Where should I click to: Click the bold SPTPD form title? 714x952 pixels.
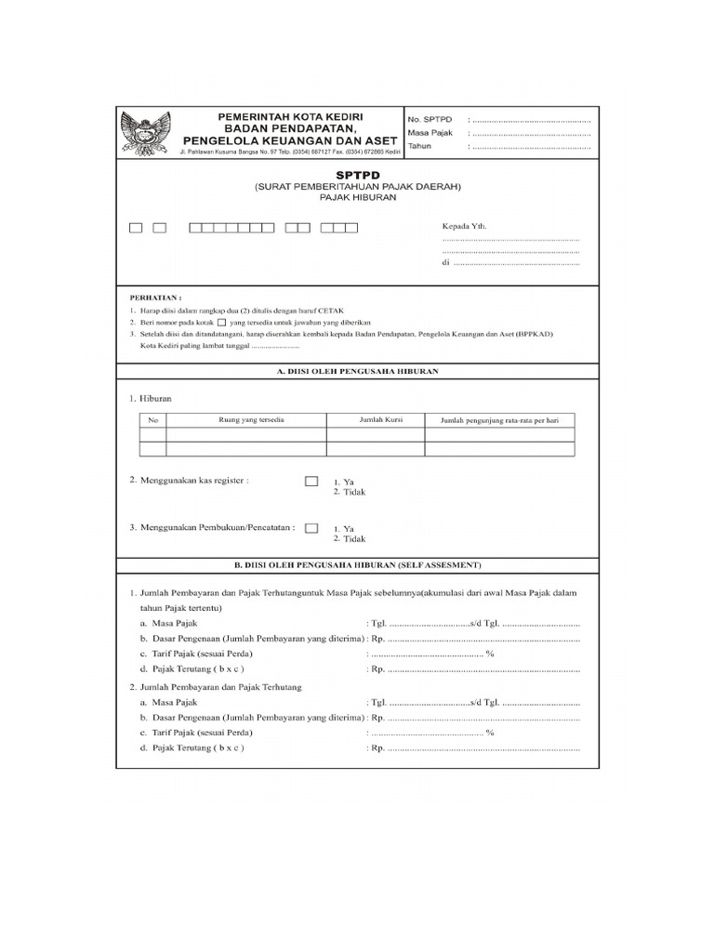(357, 174)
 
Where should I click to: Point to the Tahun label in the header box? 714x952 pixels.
(421, 146)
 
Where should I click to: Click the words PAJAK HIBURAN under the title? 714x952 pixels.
(358, 198)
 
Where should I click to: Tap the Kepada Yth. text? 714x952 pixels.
(463, 226)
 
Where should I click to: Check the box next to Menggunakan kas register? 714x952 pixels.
(311, 481)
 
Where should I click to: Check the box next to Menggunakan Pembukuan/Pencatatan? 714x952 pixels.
(311, 527)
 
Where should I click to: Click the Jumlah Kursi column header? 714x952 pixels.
(376, 420)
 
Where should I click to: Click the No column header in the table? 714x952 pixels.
(153, 420)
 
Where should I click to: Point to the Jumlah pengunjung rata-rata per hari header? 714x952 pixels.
(499, 421)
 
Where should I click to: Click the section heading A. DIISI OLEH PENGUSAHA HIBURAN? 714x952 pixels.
(358, 371)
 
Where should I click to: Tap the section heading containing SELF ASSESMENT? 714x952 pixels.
(358, 564)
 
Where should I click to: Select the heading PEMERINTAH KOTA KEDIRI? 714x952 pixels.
(289, 115)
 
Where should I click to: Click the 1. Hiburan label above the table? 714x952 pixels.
(151, 398)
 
